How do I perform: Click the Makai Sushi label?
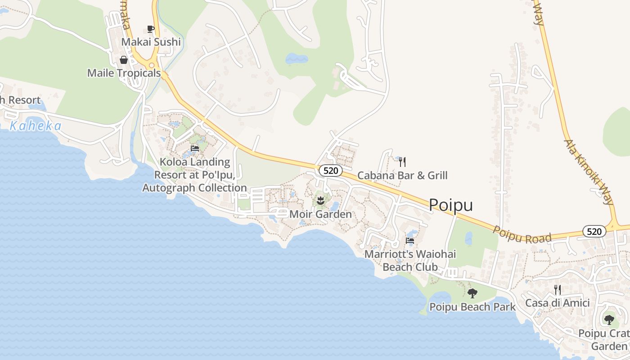click(151, 42)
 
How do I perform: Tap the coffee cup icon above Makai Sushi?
click(151, 29)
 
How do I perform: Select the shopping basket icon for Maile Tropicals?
click(124, 60)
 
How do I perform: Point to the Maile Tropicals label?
click(124, 73)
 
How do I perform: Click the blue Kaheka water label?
click(36, 126)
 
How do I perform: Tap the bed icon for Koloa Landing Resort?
click(195, 148)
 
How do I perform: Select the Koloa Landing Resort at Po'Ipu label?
click(194, 175)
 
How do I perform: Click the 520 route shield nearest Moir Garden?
click(331, 171)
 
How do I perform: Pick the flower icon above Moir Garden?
click(320, 200)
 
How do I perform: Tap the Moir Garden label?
click(320, 214)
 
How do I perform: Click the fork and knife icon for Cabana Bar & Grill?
click(402, 162)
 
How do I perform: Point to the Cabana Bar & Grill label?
click(402, 175)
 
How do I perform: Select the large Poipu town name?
click(451, 205)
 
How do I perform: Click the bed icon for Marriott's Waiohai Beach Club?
click(410, 241)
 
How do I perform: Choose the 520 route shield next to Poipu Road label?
click(594, 231)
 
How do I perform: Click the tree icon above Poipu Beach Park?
click(472, 293)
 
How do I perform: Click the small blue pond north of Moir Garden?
click(297, 58)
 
